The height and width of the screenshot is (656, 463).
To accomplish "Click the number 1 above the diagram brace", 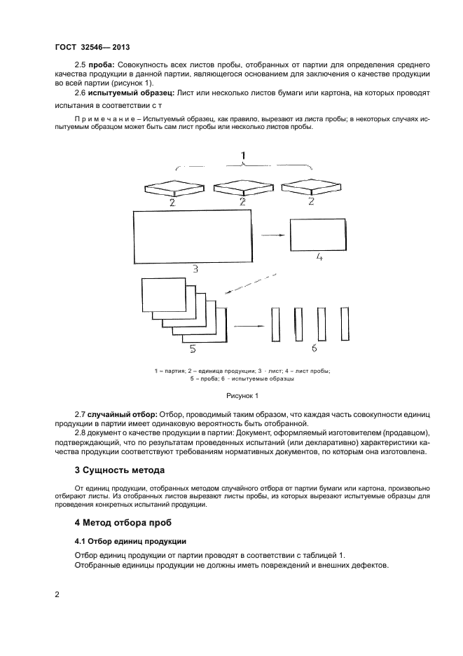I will [243, 154].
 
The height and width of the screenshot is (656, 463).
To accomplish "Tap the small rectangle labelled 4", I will [317, 235].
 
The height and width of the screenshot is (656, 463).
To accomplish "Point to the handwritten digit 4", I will [318, 257].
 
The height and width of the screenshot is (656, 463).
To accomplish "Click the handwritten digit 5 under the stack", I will [193, 348].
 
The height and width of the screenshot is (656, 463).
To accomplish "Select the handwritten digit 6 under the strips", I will [313, 348].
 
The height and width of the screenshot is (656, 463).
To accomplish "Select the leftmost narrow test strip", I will [275, 323].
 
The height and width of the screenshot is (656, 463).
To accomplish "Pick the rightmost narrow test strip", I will [345, 322].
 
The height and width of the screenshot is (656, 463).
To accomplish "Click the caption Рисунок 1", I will [242, 396].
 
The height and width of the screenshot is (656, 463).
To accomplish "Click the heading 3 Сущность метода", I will [119, 469].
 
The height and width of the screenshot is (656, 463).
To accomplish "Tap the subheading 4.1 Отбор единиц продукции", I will [130, 541].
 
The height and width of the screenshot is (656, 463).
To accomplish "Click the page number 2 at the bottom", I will [57, 595].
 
